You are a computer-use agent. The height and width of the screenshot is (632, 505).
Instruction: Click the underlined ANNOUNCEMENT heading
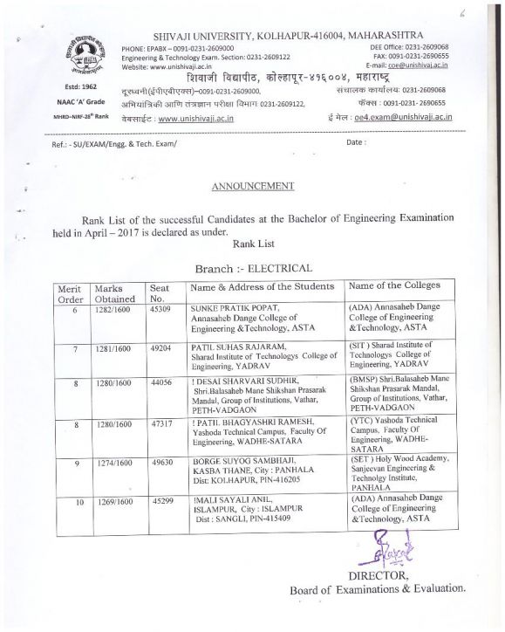click(x=252, y=186)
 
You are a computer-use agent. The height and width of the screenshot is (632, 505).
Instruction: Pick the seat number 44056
click(x=161, y=382)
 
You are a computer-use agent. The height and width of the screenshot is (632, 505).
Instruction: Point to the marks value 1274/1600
click(x=114, y=464)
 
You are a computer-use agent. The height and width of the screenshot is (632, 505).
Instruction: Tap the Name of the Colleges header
click(x=394, y=285)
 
